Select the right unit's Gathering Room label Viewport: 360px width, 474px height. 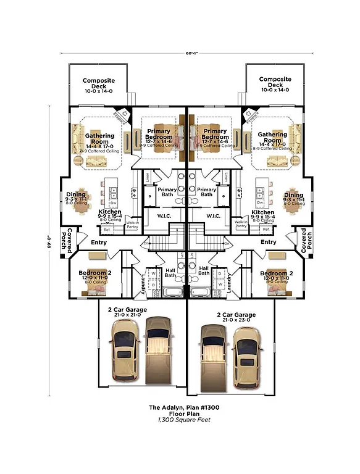[x=272, y=138]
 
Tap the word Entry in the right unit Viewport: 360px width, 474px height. [x=268, y=242]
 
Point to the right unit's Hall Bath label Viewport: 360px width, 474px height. [x=204, y=271]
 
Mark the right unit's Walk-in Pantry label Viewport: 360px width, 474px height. [x=241, y=224]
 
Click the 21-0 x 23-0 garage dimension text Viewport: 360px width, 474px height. [x=236, y=321]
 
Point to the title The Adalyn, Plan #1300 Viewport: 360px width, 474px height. [x=180, y=408]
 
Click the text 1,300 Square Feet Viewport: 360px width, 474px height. [x=180, y=420]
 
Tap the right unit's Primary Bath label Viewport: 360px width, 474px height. [x=206, y=192]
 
